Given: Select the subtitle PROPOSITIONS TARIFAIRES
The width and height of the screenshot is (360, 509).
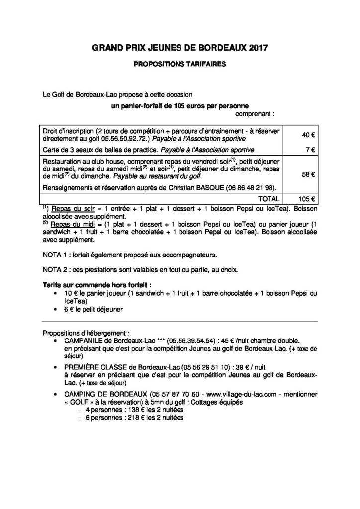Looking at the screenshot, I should [180, 64].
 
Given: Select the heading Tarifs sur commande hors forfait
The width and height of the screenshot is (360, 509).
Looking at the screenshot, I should [97, 285].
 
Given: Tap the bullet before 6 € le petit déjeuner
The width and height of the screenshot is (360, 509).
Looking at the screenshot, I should [54, 309].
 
